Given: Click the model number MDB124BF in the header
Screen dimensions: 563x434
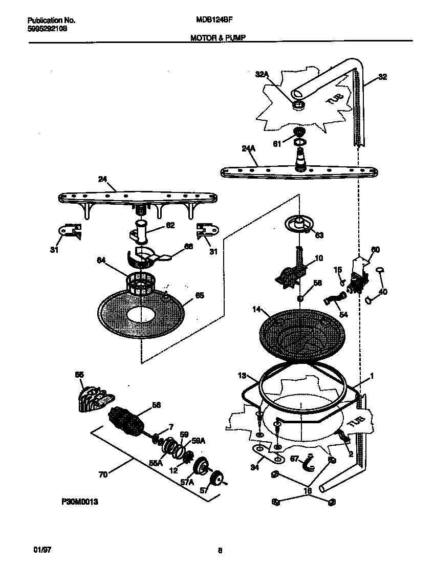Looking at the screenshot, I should coord(211,20).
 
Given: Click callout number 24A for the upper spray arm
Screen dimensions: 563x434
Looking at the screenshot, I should coord(248,148).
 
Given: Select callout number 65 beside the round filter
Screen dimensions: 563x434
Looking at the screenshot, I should coord(200,295).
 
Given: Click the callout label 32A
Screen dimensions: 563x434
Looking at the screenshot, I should coord(262,74).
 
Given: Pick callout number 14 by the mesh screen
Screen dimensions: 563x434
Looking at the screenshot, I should coord(257,310).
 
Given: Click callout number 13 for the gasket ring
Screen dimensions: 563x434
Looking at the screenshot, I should coord(243,376).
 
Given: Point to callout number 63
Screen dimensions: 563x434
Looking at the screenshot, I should coord(319,235).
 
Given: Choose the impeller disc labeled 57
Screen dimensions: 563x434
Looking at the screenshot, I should coord(219,480).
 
